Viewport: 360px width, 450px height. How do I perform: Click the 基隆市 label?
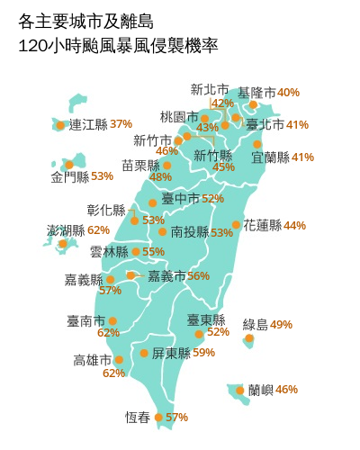(x=256, y=92)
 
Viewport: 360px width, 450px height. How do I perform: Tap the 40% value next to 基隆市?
(x=289, y=92)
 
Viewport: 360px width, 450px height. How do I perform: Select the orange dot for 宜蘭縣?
(x=257, y=143)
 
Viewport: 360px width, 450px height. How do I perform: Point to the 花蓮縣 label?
(x=263, y=225)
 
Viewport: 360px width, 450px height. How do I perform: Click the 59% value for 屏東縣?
(x=203, y=353)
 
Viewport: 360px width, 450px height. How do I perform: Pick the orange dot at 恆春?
(x=158, y=417)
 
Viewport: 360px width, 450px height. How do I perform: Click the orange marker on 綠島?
(x=249, y=339)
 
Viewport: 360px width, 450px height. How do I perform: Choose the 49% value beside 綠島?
(x=281, y=324)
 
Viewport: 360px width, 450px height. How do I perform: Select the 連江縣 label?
(x=88, y=124)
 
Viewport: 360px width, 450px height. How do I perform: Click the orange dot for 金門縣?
(x=68, y=165)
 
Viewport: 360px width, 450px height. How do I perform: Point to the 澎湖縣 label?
(x=67, y=230)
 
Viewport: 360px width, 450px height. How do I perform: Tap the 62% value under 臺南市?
(x=109, y=333)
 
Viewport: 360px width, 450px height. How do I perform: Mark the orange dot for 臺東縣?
(x=199, y=334)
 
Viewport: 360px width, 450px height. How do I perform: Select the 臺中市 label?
(x=180, y=199)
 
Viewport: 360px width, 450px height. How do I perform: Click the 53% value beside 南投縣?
(x=221, y=232)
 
